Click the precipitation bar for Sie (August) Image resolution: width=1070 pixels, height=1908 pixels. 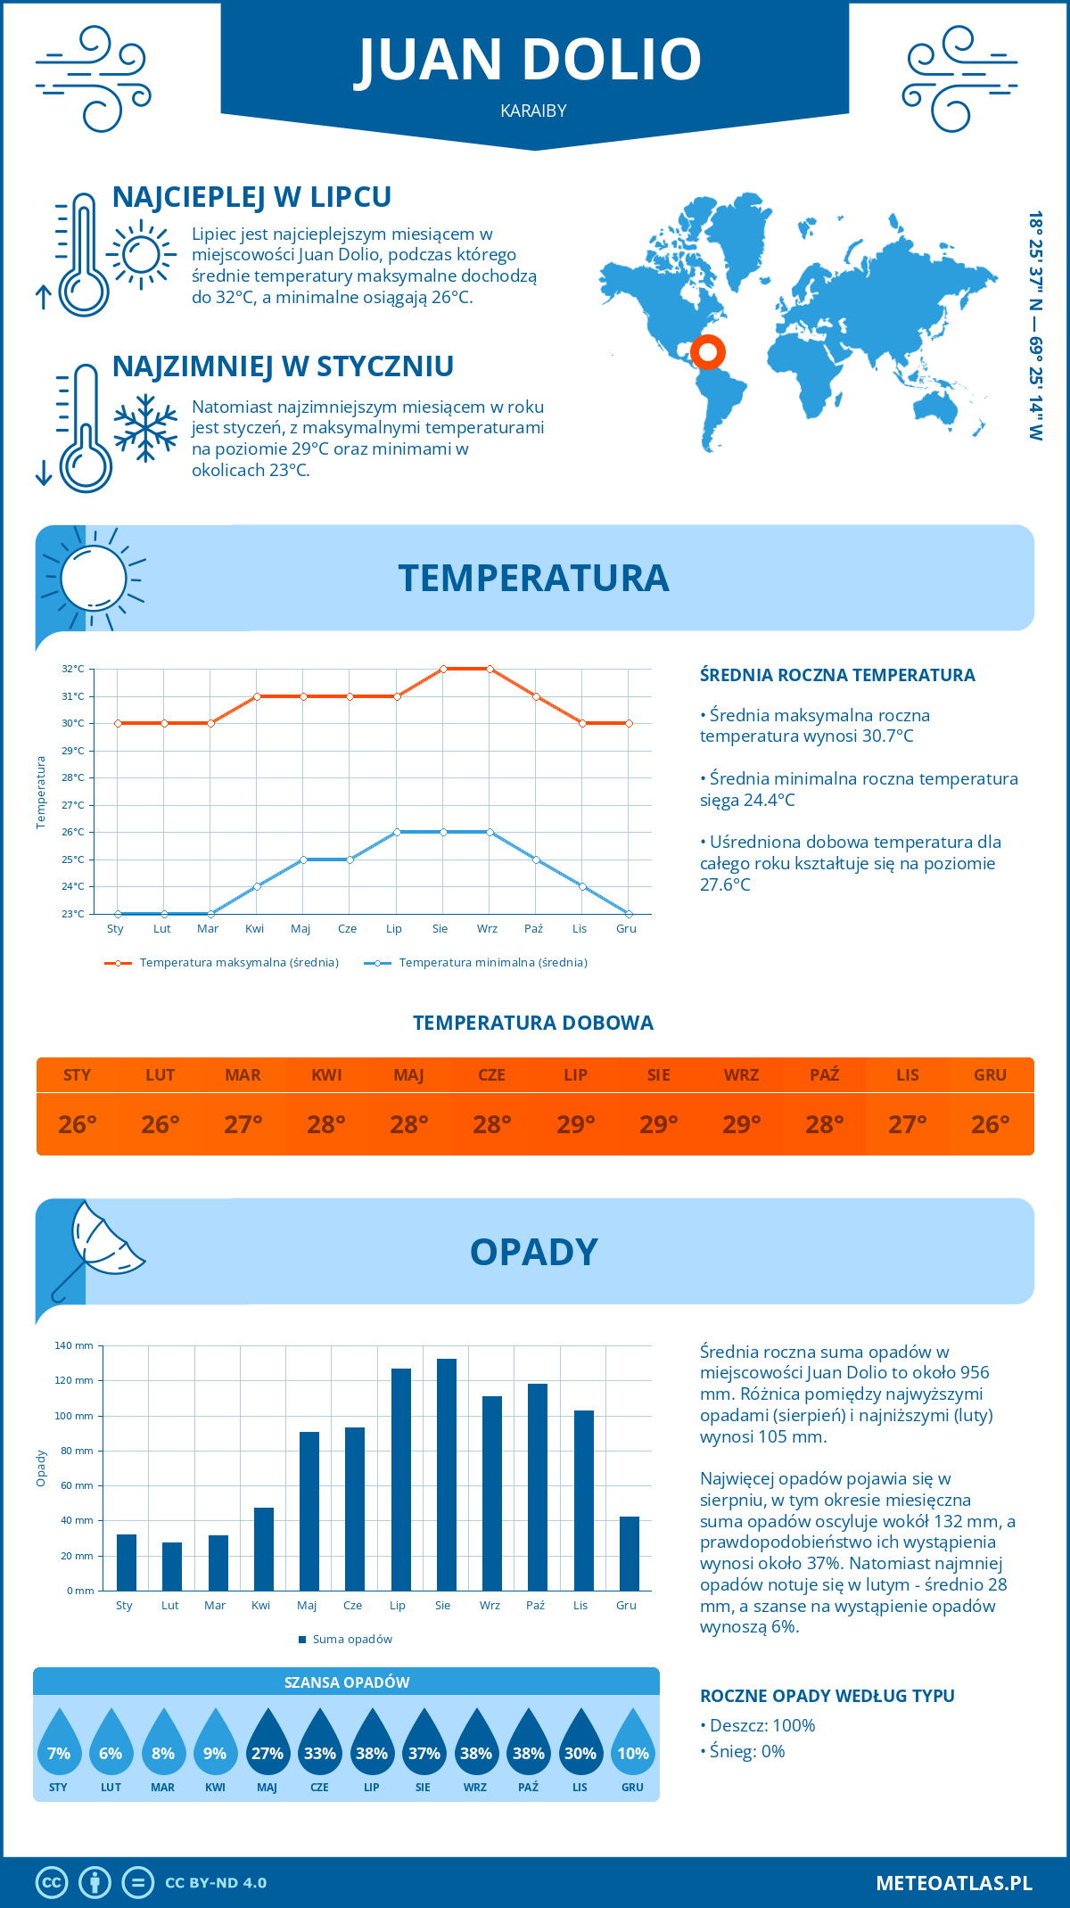pos(447,1475)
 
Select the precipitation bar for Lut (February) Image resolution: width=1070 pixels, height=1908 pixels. pos(172,1567)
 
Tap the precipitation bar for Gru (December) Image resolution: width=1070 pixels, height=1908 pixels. pos(630,1553)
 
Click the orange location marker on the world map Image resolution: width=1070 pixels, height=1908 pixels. pos(708,352)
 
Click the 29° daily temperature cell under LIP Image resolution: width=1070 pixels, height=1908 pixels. pos(575,1124)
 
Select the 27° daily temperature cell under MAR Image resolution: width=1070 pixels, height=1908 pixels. pos(243,1124)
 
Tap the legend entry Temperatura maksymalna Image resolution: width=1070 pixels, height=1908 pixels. pos(222,963)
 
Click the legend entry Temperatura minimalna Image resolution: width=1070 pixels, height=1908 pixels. pos(476,963)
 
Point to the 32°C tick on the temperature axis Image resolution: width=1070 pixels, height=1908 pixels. pos(73,669)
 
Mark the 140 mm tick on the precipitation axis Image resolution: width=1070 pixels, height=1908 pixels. pos(74,1345)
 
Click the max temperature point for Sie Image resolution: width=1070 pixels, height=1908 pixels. pos(443,669)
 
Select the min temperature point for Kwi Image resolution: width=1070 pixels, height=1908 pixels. pos(257,886)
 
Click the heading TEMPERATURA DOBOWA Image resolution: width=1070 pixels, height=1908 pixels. pos(533,1023)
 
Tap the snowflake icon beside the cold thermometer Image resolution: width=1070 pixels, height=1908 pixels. pos(145,428)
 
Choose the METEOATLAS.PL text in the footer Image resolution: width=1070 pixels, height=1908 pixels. pos(954,1883)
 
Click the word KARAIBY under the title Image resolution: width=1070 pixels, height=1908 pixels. pos(534,111)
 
